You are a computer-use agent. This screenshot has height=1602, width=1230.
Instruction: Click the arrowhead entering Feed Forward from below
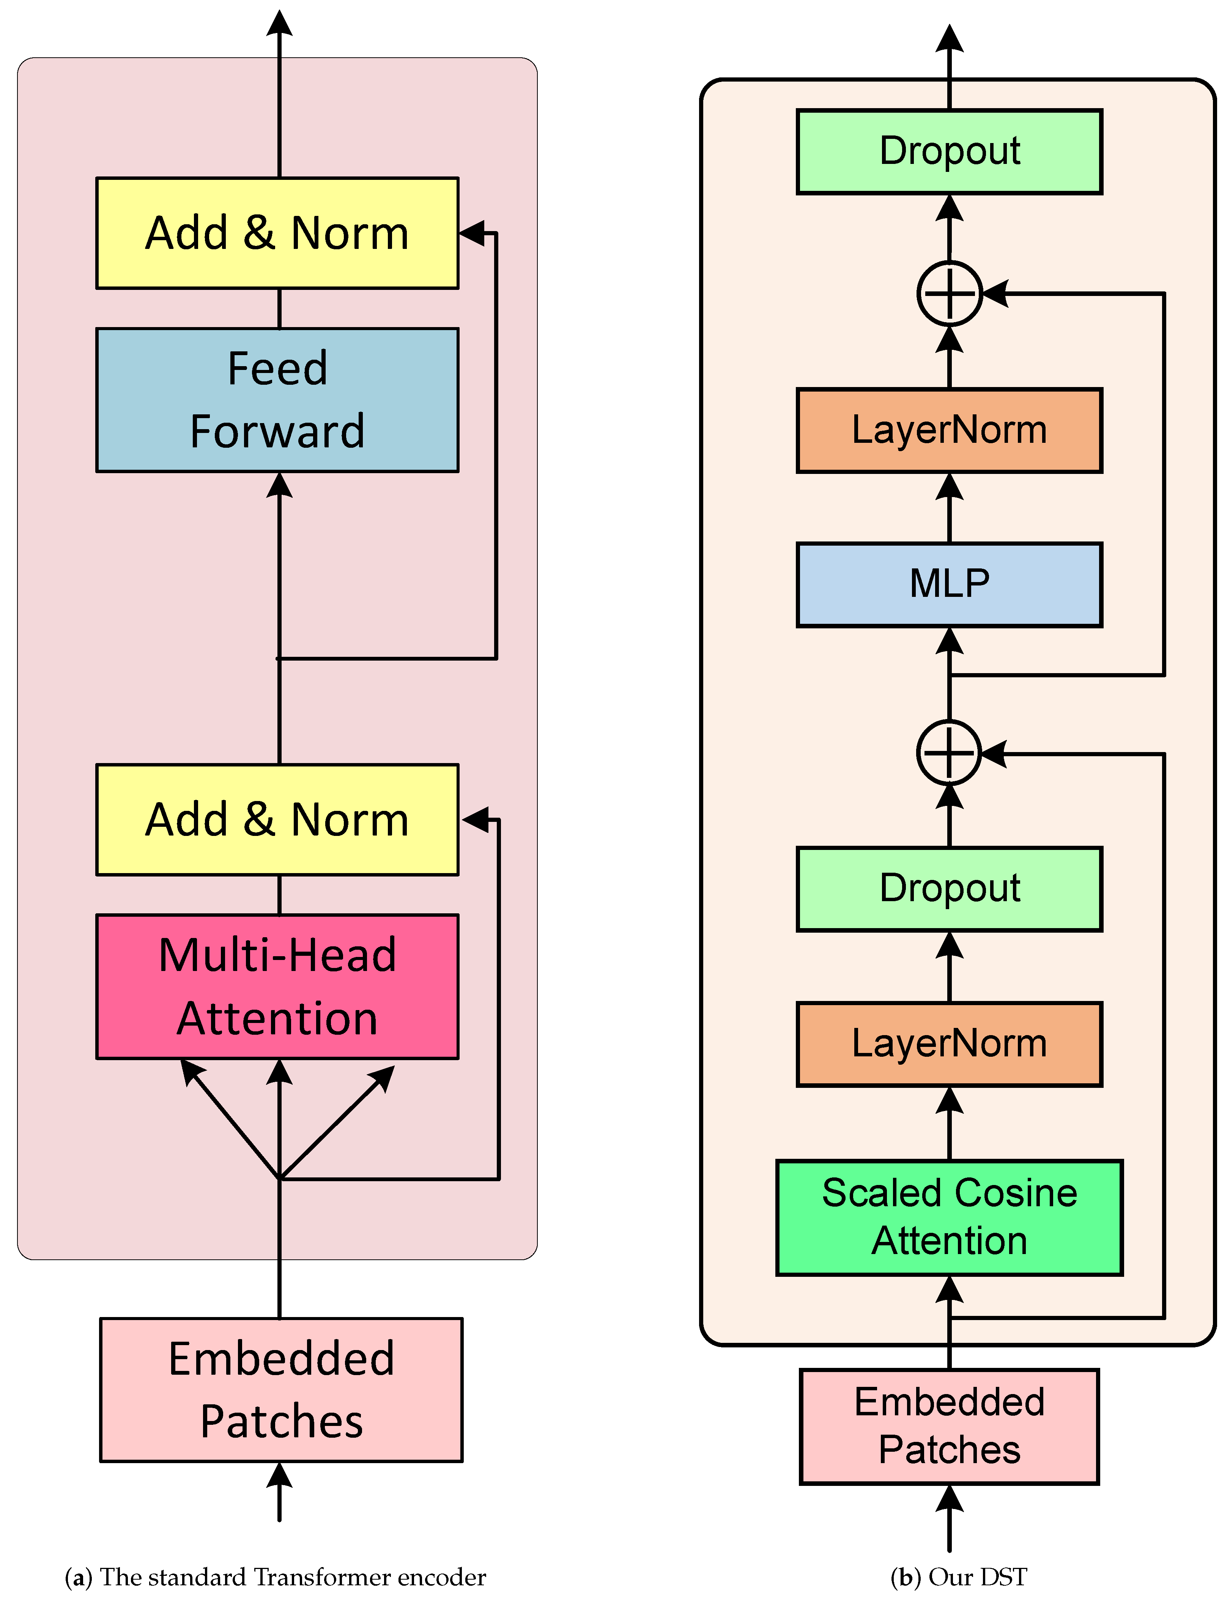coord(279,485)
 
